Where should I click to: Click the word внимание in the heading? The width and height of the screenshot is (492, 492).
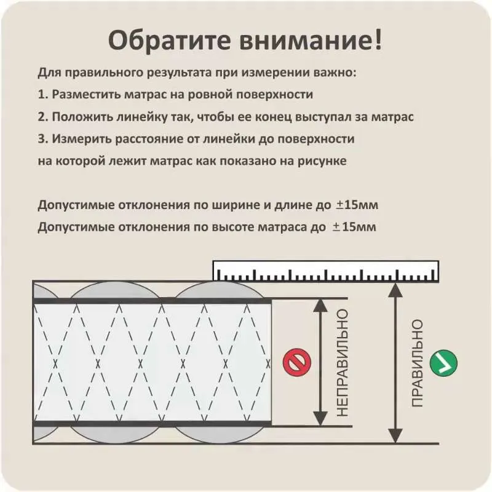[302, 41]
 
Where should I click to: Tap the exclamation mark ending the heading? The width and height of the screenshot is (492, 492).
[378, 39]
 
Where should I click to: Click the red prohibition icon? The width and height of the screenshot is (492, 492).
[297, 362]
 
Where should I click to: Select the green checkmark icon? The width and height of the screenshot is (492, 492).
[443, 363]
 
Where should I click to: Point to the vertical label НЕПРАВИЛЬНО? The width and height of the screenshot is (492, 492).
[343, 363]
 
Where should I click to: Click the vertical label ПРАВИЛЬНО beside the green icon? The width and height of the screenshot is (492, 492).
[418, 363]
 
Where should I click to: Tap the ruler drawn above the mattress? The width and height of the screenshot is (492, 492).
[326, 271]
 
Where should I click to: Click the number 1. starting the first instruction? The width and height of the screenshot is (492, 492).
[43, 95]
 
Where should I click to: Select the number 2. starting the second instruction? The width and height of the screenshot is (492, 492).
[43, 117]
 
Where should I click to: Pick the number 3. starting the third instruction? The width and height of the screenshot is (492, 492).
[43, 139]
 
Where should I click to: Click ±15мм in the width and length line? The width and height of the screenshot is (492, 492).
[357, 205]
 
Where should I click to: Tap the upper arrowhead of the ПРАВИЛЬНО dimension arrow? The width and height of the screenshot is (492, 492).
[395, 290]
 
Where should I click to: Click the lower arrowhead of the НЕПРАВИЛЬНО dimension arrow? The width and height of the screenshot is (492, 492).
[320, 418]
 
